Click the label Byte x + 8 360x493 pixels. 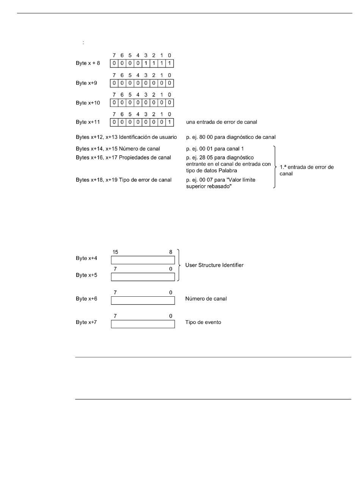88,63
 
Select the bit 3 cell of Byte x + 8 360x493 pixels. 146,63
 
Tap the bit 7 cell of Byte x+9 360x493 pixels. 114,83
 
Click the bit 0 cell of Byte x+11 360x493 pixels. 169,122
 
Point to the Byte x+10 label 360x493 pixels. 88,103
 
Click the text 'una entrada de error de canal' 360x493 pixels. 221,122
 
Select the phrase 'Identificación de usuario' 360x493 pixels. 148,137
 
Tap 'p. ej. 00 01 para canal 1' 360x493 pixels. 215,149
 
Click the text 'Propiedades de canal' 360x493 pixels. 145,158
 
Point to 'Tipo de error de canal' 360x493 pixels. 145,180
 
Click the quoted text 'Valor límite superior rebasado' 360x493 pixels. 221,183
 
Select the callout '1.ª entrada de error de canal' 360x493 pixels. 306,170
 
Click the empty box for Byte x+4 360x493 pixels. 143,260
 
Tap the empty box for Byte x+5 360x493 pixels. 143,277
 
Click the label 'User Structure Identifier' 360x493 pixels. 214,265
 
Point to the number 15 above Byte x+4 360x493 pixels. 116,252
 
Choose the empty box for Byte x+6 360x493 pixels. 143,300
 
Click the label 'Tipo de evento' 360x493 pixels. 203,322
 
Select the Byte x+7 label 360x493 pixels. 86,322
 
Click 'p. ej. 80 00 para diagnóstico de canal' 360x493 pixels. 231,137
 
